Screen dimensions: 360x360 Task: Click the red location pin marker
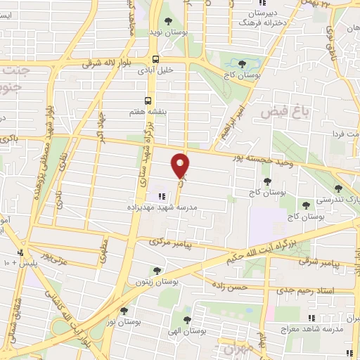pos(180,165)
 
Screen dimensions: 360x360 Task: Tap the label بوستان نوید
pos(167,32)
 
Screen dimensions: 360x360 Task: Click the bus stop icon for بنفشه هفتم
pos(148,101)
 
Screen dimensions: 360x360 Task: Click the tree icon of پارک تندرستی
pos(338,188)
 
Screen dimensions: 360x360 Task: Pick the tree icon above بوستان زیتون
pos(157,270)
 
